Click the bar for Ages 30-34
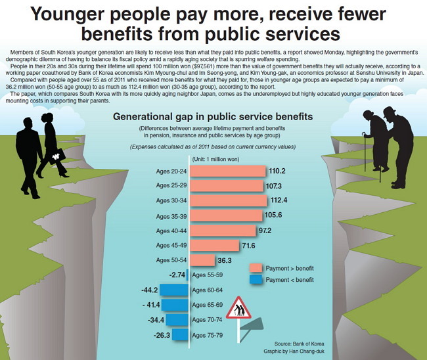(228, 201)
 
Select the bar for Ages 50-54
(202, 260)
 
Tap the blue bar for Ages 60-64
(174, 290)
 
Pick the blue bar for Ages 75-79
(180, 334)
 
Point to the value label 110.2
(277, 171)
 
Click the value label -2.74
(177, 275)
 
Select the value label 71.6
(248, 246)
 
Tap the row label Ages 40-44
(171, 231)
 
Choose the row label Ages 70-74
(207, 320)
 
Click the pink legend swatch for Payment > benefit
(256, 268)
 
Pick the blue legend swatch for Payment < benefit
(256, 280)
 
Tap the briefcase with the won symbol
(56, 156)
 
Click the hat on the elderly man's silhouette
(390, 111)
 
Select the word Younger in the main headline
(68, 14)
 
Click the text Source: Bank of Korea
(299, 344)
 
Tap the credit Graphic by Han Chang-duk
(294, 351)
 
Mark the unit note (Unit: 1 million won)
(215, 159)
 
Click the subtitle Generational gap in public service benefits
(213, 116)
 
